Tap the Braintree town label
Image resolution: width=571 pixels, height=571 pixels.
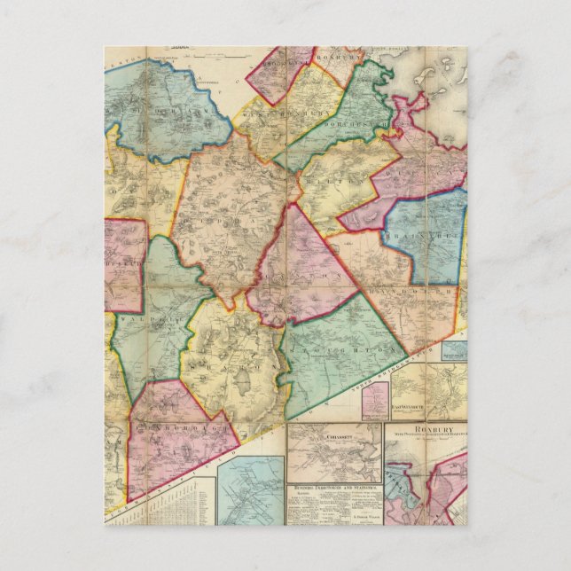pos(424,237)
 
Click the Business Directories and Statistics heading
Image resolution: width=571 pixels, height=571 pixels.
pos(332,487)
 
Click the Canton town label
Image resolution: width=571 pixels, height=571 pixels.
pos(301,275)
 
